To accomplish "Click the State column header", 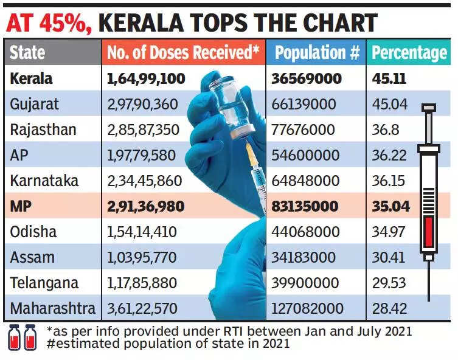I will (x=28, y=53).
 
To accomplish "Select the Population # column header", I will (x=317, y=53).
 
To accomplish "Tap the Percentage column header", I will (x=409, y=53).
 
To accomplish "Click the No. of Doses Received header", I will (x=183, y=53).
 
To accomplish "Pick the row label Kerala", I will (x=31, y=78).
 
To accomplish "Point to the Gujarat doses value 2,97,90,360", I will (x=142, y=104).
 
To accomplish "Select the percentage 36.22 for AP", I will (x=390, y=156).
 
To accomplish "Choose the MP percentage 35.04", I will (x=391, y=207).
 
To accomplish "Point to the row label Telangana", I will (x=44, y=283).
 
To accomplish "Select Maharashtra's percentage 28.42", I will (x=390, y=309).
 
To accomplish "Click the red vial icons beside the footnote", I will (x=21, y=336).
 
